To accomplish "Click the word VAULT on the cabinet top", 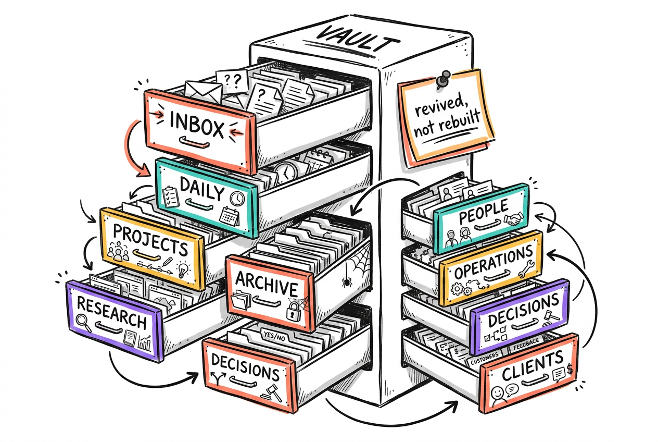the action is pyautogui.click(x=358, y=40).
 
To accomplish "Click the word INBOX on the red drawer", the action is pyautogui.click(x=197, y=125).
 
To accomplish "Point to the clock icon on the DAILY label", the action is pyautogui.click(x=237, y=199).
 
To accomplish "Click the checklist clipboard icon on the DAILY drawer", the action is pyautogui.click(x=171, y=197).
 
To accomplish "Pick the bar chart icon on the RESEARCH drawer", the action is pyautogui.click(x=145, y=343).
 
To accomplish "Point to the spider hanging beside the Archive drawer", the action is pyautogui.click(x=347, y=283).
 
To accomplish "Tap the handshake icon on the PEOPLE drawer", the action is pyautogui.click(x=513, y=219).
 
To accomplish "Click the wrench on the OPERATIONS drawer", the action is pyautogui.click(x=526, y=269).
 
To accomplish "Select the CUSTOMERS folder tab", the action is pyautogui.click(x=485, y=358).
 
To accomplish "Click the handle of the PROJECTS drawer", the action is pyautogui.click(x=146, y=254).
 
